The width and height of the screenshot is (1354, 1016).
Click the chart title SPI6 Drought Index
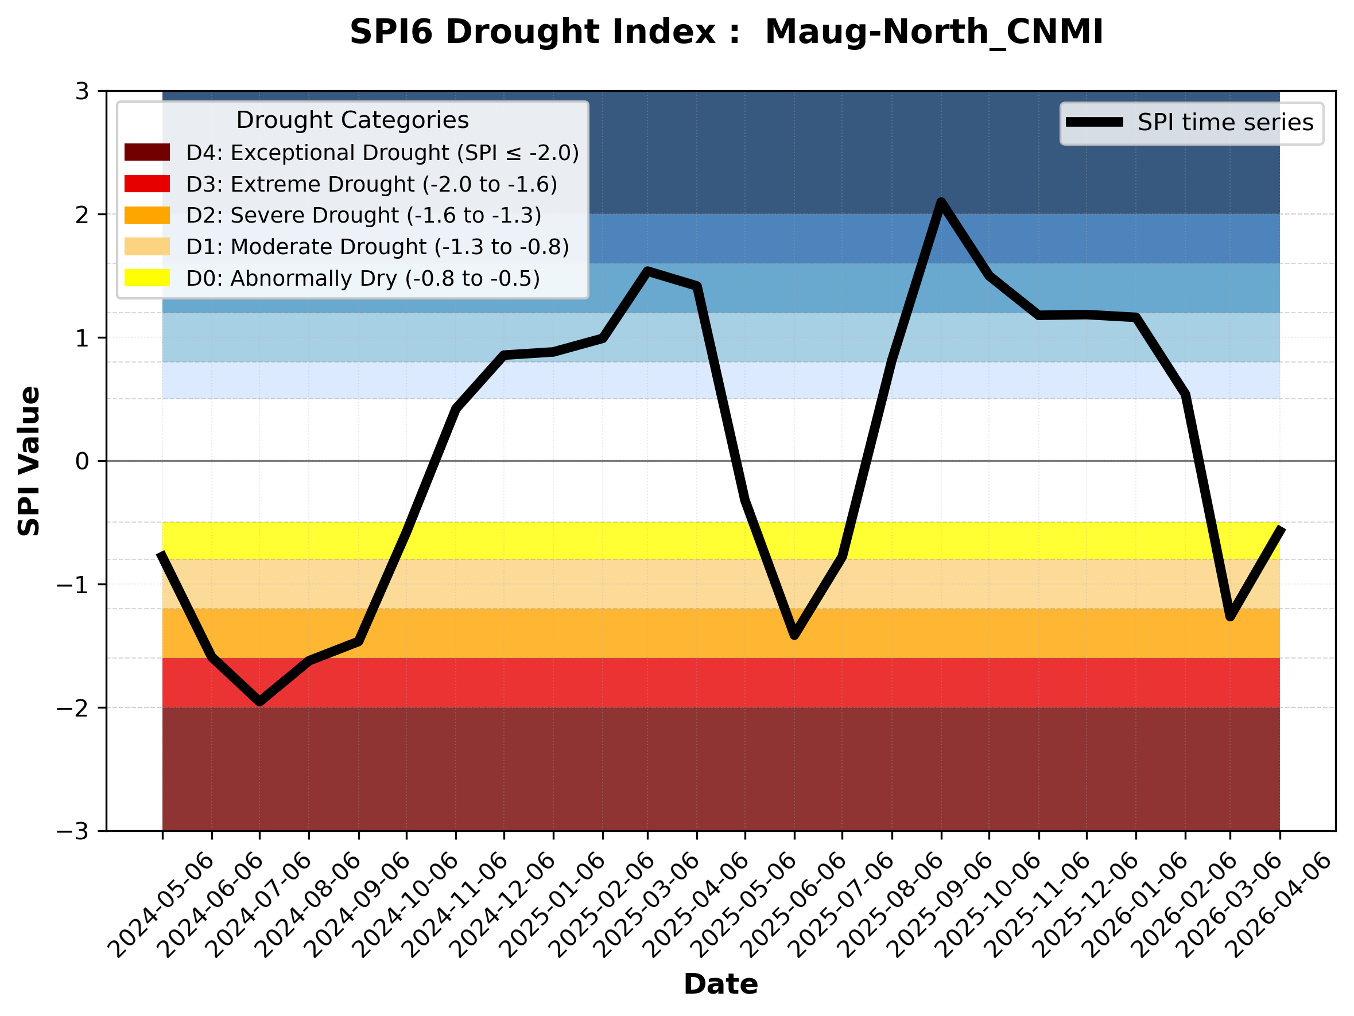pos(726,32)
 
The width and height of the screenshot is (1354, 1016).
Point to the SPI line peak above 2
pos(941,203)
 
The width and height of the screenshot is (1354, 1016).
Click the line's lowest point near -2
pos(259,702)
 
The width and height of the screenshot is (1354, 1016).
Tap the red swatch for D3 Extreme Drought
pos(147,184)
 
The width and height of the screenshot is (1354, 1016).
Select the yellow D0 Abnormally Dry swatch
pos(147,278)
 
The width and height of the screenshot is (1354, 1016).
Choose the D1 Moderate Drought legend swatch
pos(147,247)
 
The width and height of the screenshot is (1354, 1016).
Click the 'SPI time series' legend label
pos(1225,123)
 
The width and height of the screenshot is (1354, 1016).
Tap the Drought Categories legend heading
pos(352,120)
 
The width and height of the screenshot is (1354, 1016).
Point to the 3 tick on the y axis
pos(82,92)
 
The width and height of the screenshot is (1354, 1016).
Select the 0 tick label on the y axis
pos(82,461)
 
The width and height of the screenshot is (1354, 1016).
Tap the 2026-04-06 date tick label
pos(1279,906)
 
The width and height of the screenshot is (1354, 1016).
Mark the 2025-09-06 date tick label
pos(941,906)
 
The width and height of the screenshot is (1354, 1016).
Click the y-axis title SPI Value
pos(29,461)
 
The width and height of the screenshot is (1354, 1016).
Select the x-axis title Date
pos(720,984)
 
